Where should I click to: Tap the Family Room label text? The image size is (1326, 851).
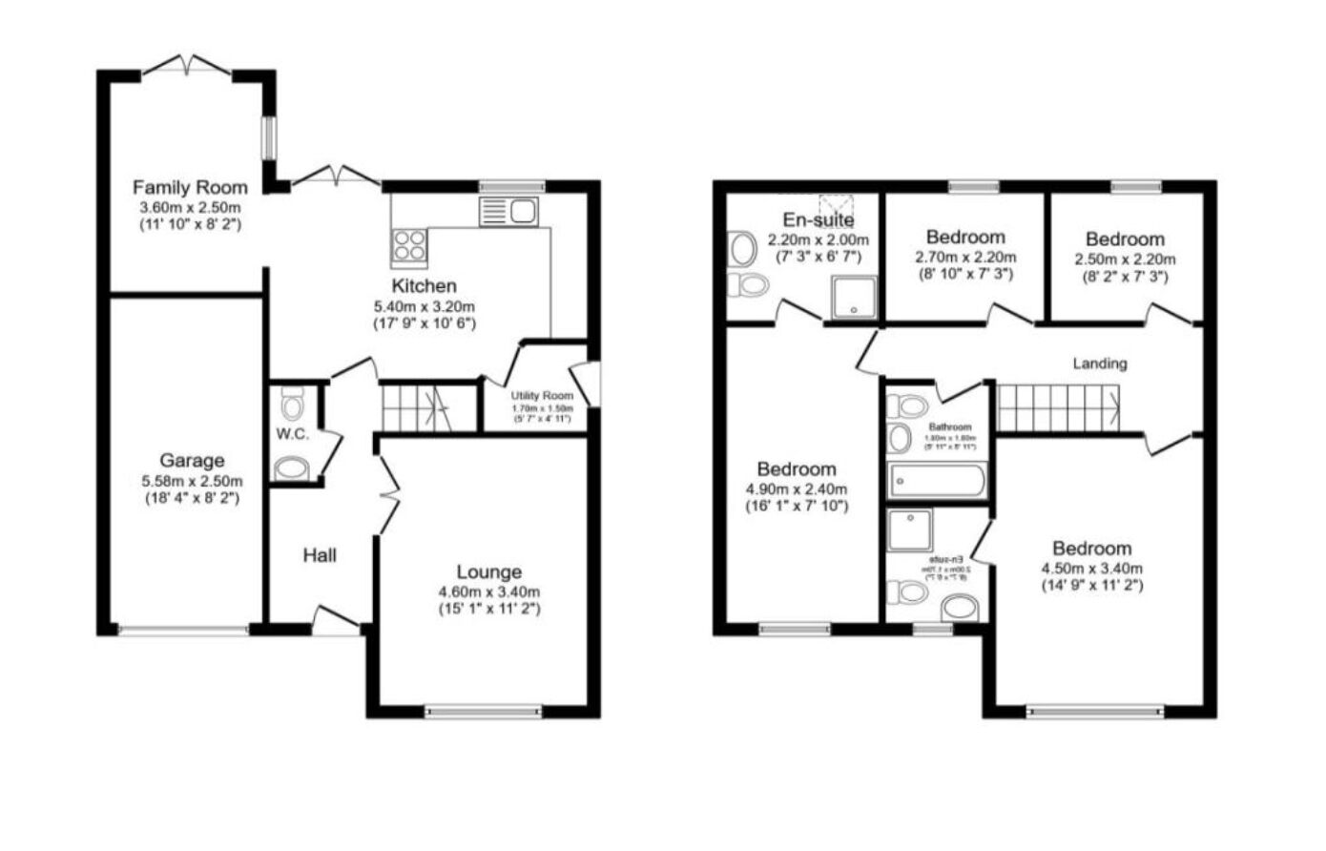190,187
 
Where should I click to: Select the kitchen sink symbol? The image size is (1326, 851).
510,211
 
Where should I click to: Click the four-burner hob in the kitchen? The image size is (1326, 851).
410,245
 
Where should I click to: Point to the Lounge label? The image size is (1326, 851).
488,571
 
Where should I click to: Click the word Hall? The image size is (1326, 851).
320,554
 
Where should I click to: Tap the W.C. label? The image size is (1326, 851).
291,434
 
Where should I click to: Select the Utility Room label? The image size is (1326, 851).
542,396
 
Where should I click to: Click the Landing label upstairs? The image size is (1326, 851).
1100,363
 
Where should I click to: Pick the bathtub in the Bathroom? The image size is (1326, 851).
937,481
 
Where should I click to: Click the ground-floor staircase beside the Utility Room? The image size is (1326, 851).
416,407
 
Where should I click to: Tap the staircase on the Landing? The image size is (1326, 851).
1059,407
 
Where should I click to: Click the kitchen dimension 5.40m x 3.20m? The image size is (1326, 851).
424,306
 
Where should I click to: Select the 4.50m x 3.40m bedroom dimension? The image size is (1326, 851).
1091,568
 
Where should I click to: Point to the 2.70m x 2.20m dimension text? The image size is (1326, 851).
965,257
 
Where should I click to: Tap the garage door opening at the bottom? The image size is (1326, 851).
182,630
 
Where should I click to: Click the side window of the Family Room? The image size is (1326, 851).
270,138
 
